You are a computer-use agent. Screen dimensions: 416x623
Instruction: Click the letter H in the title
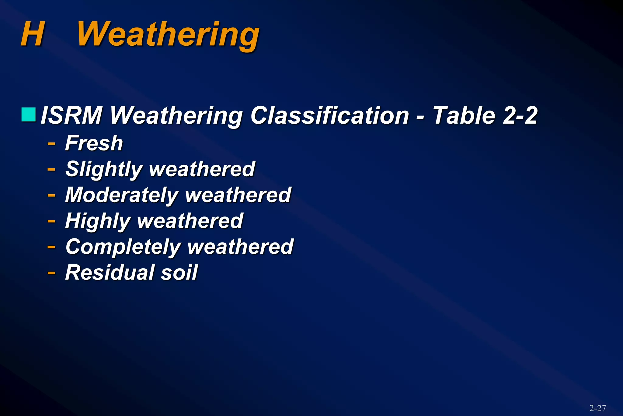tap(33, 34)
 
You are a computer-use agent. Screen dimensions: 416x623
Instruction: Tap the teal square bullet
tap(29, 115)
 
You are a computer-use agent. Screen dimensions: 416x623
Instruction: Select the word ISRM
tap(71, 115)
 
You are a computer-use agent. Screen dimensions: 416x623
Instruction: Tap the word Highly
tap(98, 221)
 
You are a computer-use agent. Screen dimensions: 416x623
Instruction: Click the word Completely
tap(123, 247)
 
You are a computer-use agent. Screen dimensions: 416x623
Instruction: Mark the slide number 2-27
tap(597, 408)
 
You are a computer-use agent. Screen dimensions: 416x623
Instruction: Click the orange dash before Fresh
tap(51, 143)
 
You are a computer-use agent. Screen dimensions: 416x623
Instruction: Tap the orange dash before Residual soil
tap(51, 273)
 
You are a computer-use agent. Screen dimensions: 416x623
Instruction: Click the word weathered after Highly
tap(190, 221)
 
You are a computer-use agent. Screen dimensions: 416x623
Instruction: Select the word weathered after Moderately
tap(238, 195)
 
